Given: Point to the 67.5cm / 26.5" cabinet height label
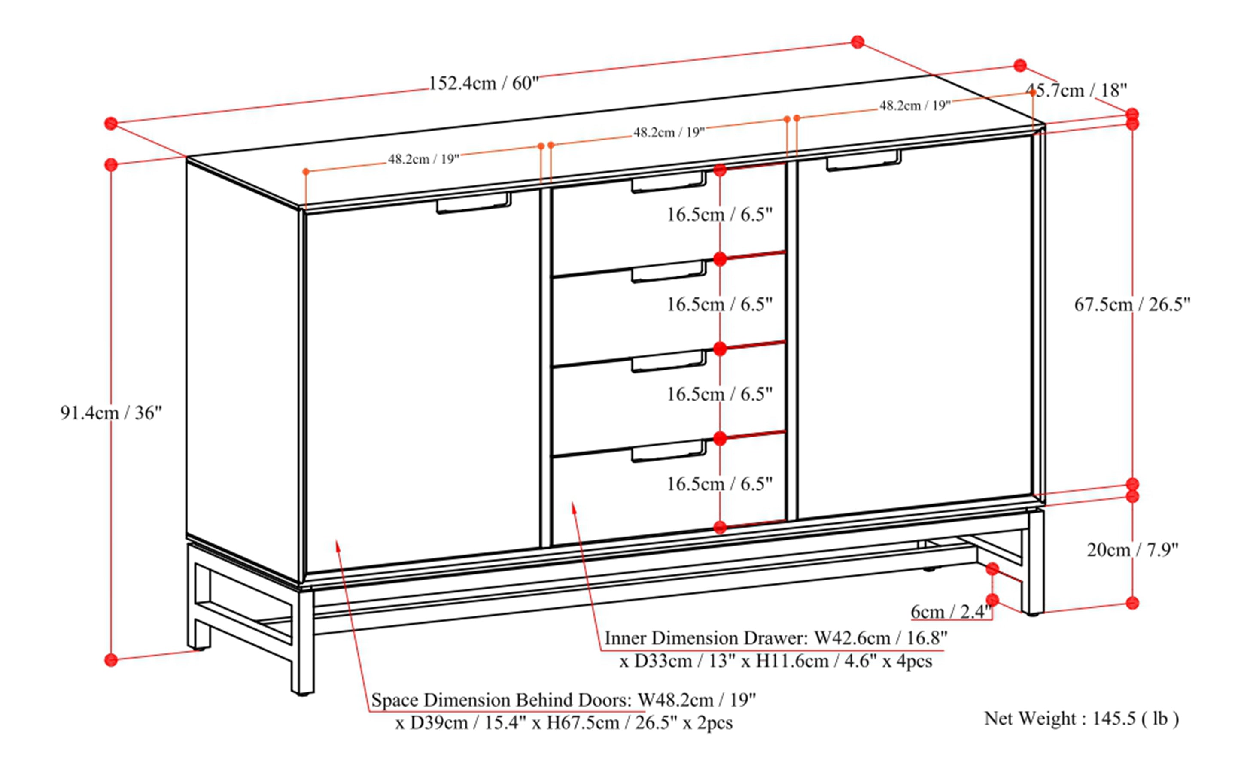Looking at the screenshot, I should (1132, 304).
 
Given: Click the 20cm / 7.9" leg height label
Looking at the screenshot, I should (1132, 550).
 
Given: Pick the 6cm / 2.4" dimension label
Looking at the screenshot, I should (950, 612).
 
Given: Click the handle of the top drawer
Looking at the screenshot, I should (668, 182).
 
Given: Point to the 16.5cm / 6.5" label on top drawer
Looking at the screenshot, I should (720, 214).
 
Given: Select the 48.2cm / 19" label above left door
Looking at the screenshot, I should (423, 159).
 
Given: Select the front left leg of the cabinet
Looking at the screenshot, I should (302, 642).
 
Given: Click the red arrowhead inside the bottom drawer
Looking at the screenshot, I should (574, 507).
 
